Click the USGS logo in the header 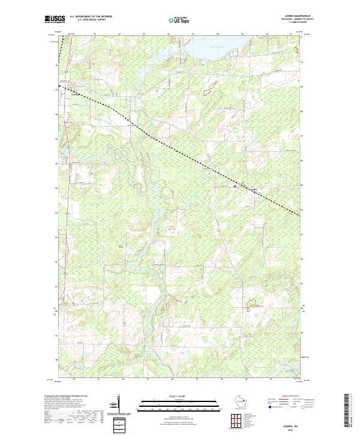click(55, 19)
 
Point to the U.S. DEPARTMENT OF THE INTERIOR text click(91, 16)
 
